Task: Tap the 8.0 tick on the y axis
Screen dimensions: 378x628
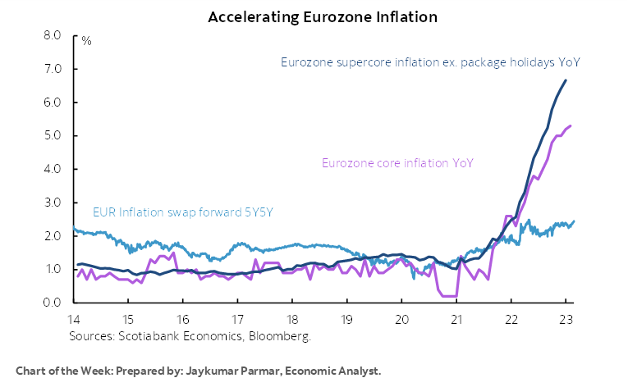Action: click(x=52, y=36)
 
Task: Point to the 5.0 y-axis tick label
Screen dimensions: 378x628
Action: click(x=52, y=136)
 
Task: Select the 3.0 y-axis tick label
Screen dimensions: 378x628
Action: click(x=52, y=203)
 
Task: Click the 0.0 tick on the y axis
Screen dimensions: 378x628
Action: click(x=52, y=303)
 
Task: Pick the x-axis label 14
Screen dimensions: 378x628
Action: click(x=74, y=320)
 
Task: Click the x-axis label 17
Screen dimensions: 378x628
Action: click(x=237, y=320)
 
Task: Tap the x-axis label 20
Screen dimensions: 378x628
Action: click(x=401, y=320)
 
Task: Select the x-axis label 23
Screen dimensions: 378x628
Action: click(x=565, y=320)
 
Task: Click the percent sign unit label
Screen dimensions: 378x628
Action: click(x=86, y=40)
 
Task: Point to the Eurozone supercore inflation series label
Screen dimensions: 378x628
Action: click(x=431, y=62)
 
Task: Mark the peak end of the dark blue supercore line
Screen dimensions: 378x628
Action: click(x=566, y=80)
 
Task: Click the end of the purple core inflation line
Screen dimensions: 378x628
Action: click(x=571, y=125)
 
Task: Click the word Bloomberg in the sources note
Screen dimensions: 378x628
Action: click(x=283, y=335)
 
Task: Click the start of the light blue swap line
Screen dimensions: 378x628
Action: click(x=74, y=229)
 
